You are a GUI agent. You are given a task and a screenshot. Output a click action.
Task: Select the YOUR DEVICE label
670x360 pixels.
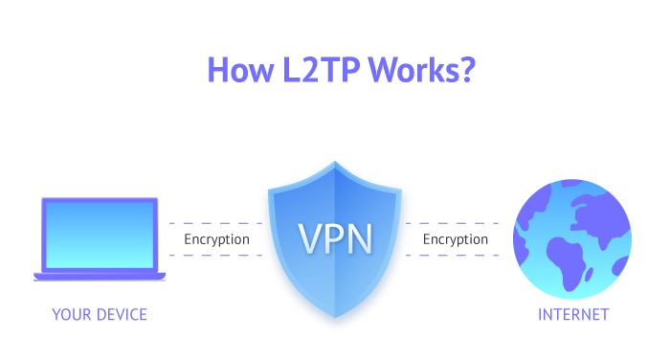100,315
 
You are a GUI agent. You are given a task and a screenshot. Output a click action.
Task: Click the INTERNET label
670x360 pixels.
573,315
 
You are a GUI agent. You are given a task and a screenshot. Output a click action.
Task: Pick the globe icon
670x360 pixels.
572,238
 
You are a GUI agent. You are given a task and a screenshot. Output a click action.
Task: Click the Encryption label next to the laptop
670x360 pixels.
217,239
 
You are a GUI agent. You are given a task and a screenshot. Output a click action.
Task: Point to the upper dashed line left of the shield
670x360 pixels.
215,221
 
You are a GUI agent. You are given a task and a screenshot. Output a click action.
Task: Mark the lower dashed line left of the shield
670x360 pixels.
215,257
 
